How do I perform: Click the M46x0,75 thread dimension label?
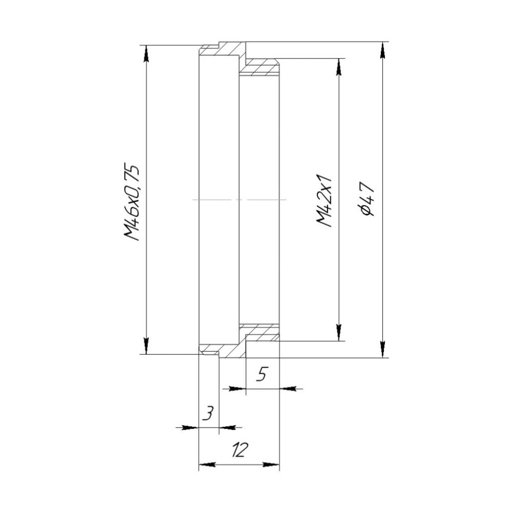click(x=132, y=201)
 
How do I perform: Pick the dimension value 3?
click(x=207, y=413)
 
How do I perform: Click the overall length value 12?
click(x=239, y=451)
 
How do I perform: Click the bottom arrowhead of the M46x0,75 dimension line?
click(x=146, y=347)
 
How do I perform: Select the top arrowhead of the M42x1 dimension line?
click(x=338, y=66)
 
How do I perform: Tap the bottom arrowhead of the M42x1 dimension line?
click(x=338, y=333)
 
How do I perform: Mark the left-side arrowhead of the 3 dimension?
click(x=191, y=427)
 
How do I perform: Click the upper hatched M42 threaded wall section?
click(x=261, y=68)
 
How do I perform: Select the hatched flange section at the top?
click(x=233, y=50)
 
